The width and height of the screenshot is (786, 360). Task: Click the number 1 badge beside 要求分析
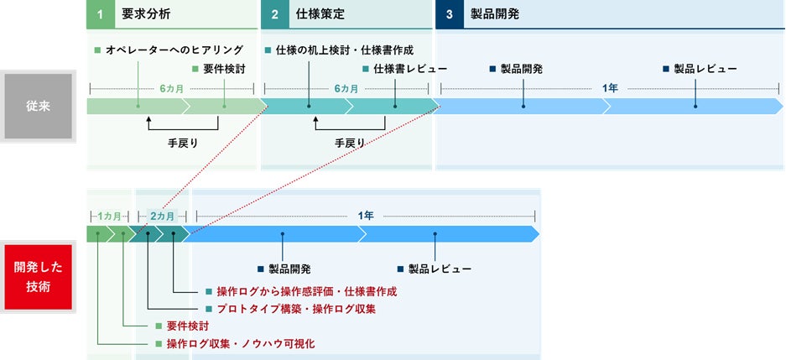click(x=99, y=15)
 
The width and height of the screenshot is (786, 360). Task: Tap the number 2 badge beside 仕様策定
click(x=273, y=15)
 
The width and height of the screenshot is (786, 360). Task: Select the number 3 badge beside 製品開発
click(x=449, y=15)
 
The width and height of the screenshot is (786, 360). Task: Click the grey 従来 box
click(x=38, y=107)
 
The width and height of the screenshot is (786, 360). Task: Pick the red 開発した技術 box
click(x=38, y=276)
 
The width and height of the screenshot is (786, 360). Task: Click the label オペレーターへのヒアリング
click(x=174, y=50)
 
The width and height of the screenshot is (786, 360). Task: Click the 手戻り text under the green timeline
click(x=183, y=143)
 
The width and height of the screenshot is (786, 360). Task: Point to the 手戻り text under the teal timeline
click(x=350, y=143)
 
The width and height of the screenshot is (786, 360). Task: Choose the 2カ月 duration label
click(x=162, y=216)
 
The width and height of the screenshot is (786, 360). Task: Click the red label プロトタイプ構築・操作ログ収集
click(x=296, y=309)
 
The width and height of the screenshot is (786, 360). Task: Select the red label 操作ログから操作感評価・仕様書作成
click(x=306, y=291)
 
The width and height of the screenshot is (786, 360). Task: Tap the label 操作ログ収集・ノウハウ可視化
click(x=241, y=344)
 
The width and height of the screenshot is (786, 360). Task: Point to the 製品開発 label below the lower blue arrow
click(x=289, y=269)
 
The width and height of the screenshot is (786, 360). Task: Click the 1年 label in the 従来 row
click(x=610, y=87)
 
